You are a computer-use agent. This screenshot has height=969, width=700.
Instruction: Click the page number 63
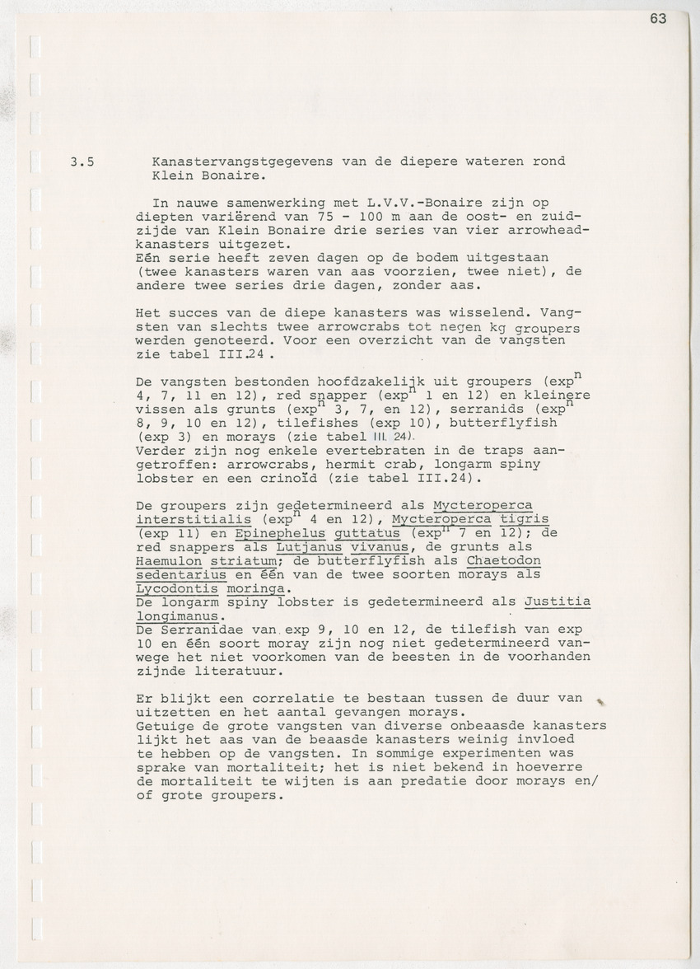657,20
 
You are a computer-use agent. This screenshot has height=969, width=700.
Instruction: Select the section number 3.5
82,161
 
